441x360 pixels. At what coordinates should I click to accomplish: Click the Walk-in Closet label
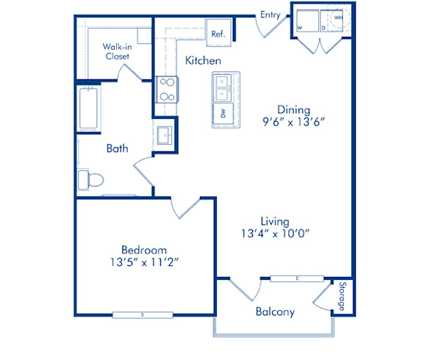point(117,51)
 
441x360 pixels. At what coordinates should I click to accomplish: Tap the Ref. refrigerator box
point(218,33)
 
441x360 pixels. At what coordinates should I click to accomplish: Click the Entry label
point(270,15)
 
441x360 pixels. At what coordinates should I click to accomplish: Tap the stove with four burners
point(166,89)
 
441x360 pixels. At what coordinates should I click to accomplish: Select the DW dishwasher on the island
point(223,113)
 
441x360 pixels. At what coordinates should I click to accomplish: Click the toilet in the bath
point(92,179)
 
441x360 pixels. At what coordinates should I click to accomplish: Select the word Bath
point(118,148)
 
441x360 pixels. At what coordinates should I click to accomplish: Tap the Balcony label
point(275,312)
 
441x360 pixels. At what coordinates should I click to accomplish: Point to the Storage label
point(342,297)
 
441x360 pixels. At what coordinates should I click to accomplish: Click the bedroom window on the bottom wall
point(143,316)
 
